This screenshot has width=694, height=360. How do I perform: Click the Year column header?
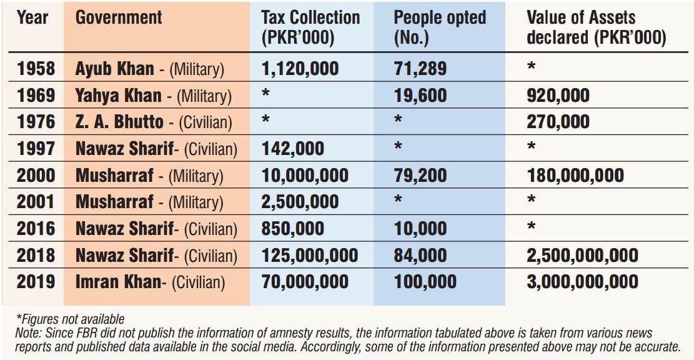[32, 18]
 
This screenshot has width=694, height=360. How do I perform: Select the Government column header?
[119, 18]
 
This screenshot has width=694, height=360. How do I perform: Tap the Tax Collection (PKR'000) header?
[310, 27]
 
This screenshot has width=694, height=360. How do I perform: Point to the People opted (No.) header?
[439, 27]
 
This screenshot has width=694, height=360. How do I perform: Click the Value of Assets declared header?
[596, 27]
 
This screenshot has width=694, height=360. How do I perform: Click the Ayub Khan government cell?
[149, 68]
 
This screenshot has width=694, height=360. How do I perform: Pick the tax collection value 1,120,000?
[300, 68]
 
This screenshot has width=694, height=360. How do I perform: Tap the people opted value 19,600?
[420, 95]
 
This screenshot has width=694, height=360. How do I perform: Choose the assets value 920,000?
[558, 95]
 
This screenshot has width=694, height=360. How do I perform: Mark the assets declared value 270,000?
[558, 122]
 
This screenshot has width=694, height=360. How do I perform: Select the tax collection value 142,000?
[292, 149]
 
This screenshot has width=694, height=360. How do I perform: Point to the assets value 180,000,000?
[575, 176]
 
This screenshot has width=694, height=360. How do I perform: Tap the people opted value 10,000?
[420, 229]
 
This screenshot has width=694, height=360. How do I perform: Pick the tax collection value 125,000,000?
[309, 256]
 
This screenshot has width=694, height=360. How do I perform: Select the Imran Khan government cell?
[150, 282]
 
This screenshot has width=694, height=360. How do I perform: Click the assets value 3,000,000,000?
[582, 282]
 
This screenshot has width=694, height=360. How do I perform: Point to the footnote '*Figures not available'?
[70, 320]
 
